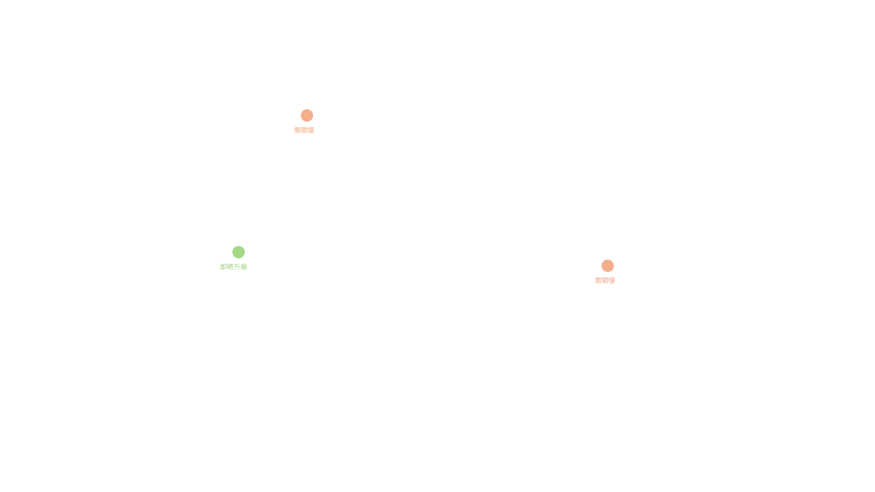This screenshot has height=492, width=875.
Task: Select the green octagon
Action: pyautogui.click(x=239, y=252)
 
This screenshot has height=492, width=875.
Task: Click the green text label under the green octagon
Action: pyautogui.click(x=234, y=267)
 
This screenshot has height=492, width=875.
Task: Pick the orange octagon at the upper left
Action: pyautogui.click(x=307, y=115)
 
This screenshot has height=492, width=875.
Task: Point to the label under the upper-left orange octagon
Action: pyautogui.click(x=304, y=131)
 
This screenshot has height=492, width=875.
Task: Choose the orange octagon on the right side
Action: pyautogui.click(x=608, y=266)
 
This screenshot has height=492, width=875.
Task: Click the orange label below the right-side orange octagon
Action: pyautogui.click(x=605, y=281)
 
